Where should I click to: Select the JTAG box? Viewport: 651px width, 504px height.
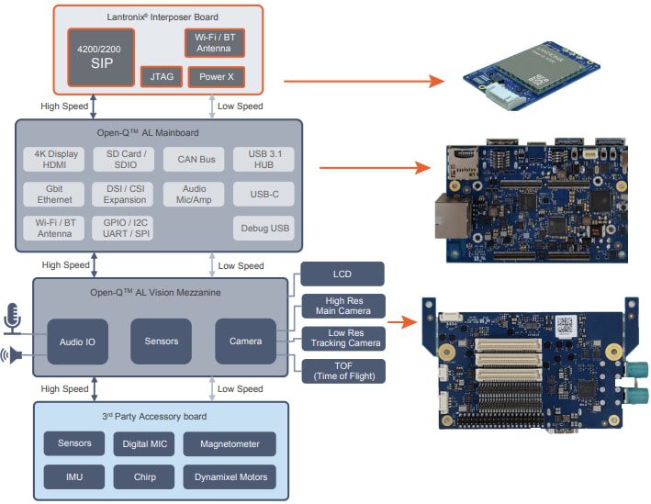point(162,77)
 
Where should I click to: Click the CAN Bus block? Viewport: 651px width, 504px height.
point(195,160)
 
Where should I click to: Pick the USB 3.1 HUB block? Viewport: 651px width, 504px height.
point(264,160)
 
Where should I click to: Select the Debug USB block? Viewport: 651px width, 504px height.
point(264,228)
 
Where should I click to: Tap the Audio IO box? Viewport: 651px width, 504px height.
point(78,342)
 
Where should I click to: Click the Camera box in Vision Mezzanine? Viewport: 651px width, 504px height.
point(245,342)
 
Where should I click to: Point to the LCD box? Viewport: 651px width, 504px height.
point(342,274)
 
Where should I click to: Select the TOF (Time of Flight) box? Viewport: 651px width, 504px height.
point(342,370)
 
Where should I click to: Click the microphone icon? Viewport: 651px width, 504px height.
point(12,317)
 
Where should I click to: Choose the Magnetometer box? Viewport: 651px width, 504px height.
point(229,444)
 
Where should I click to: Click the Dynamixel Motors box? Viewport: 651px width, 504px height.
point(229,477)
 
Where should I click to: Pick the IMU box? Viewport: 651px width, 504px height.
point(74,477)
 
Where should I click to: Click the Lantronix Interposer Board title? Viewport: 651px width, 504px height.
point(157,17)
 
